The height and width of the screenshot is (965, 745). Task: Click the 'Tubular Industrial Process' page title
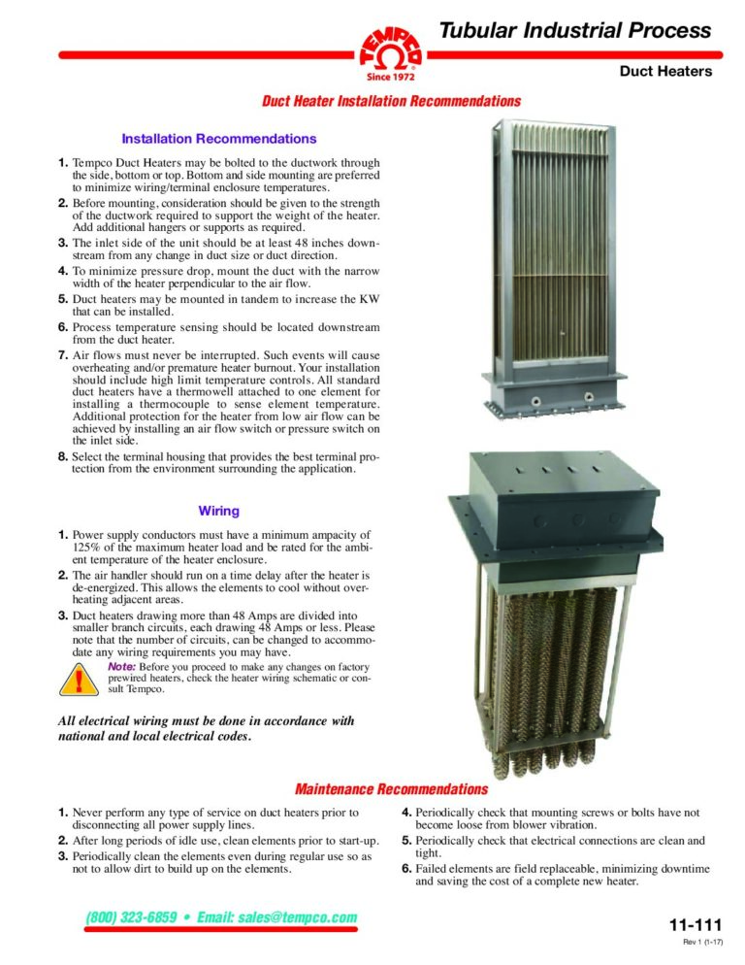(x=575, y=30)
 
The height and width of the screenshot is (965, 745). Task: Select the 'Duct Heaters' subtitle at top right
(x=665, y=71)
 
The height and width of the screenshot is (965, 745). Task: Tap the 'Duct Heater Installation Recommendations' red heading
(x=392, y=101)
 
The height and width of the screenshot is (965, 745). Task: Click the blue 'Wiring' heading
(x=218, y=510)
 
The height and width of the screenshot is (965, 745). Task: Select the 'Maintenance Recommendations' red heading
(x=391, y=788)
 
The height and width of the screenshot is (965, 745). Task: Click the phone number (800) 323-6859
(x=131, y=917)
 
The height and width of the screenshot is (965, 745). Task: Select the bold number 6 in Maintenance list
(x=406, y=868)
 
